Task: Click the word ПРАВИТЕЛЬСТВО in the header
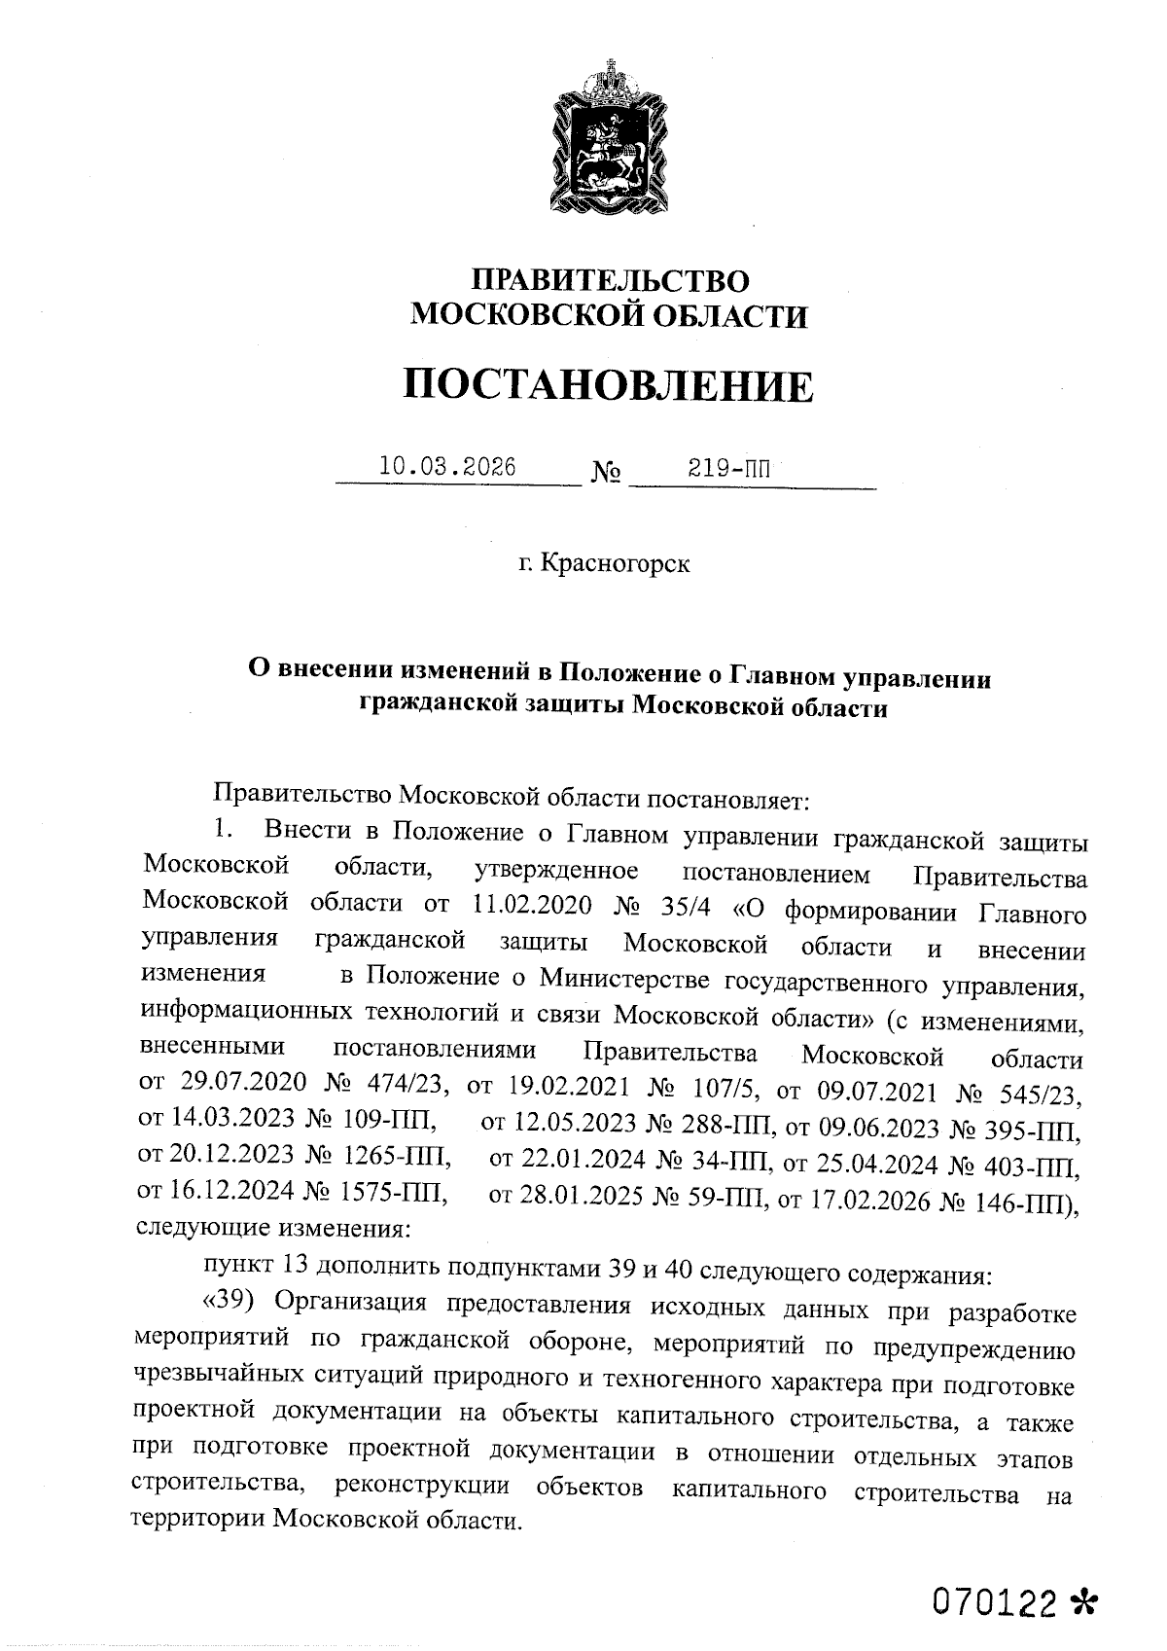[611, 281]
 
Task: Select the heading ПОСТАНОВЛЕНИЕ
[609, 385]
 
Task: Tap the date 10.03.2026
[447, 466]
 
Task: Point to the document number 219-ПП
[729, 468]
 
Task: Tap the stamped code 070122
[994, 1600]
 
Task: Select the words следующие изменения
[274, 1228]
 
